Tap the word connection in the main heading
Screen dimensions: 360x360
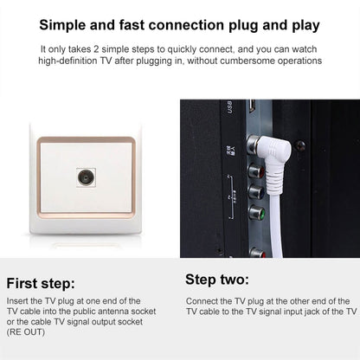pyautogui.click(x=186, y=25)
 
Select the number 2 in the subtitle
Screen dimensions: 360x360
pyautogui.click(x=96, y=49)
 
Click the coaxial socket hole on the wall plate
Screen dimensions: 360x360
pyautogui.click(x=86, y=177)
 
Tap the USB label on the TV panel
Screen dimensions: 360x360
pyautogui.click(x=229, y=106)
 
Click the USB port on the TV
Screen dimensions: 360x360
pyautogui.click(x=253, y=106)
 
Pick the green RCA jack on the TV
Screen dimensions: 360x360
pyautogui.click(x=257, y=214)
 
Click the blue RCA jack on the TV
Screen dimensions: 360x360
pyautogui.click(x=256, y=192)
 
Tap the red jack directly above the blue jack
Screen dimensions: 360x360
pyautogui.click(x=256, y=171)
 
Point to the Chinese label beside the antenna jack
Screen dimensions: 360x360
pyautogui.click(x=231, y=151)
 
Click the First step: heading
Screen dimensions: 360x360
pyautogui.click(x=41, y=283)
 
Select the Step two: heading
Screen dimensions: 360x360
pyautogui.click(x=217, y=280)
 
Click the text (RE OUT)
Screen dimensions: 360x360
pyautogui.click(x=26, y=332)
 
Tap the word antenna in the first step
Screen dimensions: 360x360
pyautogui.click(x=113, y=312)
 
